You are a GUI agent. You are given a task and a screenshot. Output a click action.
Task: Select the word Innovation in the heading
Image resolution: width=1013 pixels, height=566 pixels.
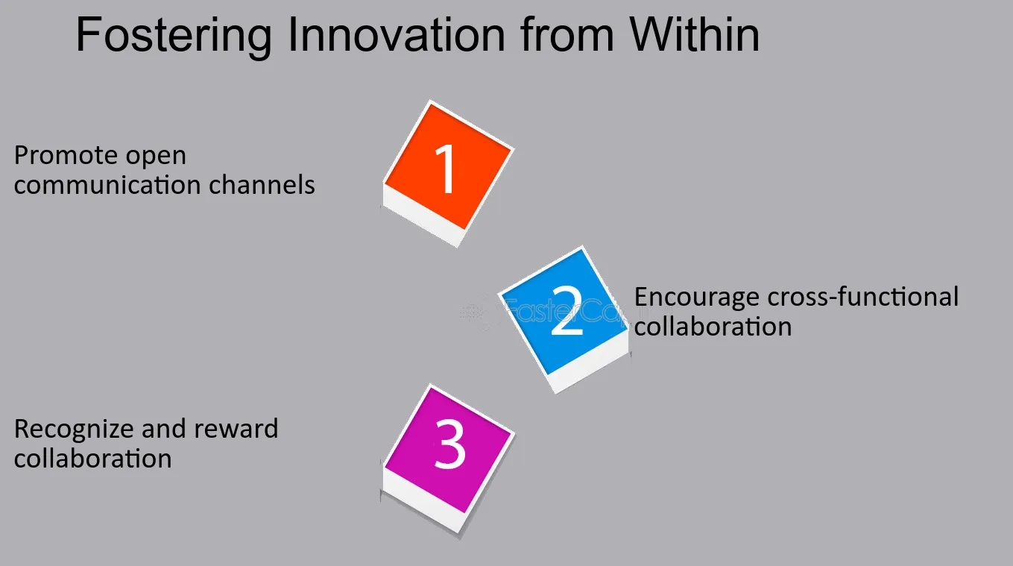(x=396, y=35)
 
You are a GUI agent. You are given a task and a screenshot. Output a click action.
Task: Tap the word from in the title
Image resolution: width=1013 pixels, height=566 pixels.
(x=567, y=34)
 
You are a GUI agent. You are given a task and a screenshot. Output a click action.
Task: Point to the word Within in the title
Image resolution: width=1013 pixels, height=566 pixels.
(x=695, y=34)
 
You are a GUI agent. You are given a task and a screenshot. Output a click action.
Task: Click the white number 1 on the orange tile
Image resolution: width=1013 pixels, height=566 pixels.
(x=446, y=169)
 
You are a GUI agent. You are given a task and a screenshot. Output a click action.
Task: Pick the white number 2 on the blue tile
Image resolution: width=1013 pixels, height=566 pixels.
(x=567, y=311)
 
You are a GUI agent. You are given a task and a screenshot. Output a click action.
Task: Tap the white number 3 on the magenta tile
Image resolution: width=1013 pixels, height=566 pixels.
(x=449, y=444)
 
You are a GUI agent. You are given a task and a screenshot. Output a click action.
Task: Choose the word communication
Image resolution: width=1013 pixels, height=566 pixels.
(x=107, y=185)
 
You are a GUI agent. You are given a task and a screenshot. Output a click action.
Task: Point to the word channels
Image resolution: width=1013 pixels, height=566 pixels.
(x=262, y=185)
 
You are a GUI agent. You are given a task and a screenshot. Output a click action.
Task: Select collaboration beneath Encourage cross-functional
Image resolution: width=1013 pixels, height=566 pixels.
(x=713, y=326)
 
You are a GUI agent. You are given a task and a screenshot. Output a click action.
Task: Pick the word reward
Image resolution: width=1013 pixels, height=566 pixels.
(x=236, y=429)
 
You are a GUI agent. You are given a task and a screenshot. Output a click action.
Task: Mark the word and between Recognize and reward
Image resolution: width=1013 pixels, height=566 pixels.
(x=164, y=429)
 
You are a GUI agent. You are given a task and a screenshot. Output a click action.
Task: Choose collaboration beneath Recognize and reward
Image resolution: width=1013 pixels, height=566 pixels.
(x=92, y=459)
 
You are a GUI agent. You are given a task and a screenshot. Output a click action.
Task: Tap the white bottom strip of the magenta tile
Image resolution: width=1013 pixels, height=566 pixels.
(x=423, y=499)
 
